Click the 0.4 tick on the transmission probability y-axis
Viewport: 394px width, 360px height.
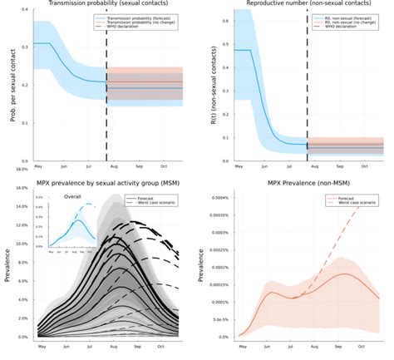[x=27, y=10]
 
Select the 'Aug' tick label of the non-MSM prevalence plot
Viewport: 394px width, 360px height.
[x=313, y=346]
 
